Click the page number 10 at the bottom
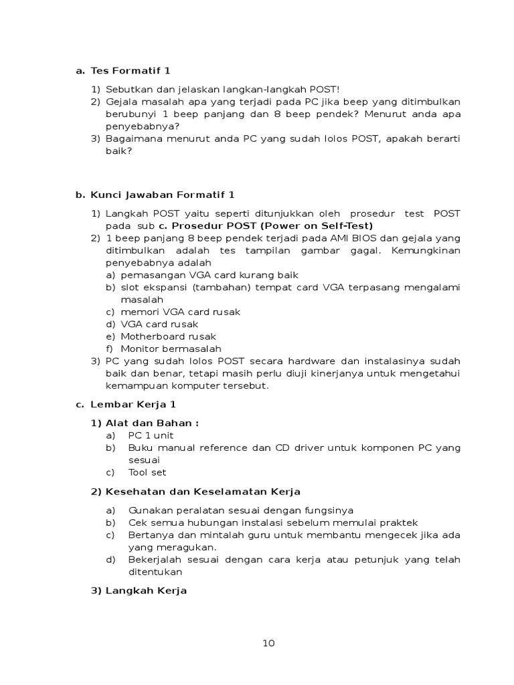[x=268, y=644]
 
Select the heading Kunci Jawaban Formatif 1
[x=163, y=195]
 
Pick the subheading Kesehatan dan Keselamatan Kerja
[x=203, y=492]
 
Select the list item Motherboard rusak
[x=168, y=336]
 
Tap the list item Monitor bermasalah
[x=171, y=349]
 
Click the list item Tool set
[x=147, y=472]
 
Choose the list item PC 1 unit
[x=151, y=435]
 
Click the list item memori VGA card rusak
[x=180, y=312]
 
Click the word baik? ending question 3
[x=119, y=151]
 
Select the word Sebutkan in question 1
[x=127, y=89]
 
